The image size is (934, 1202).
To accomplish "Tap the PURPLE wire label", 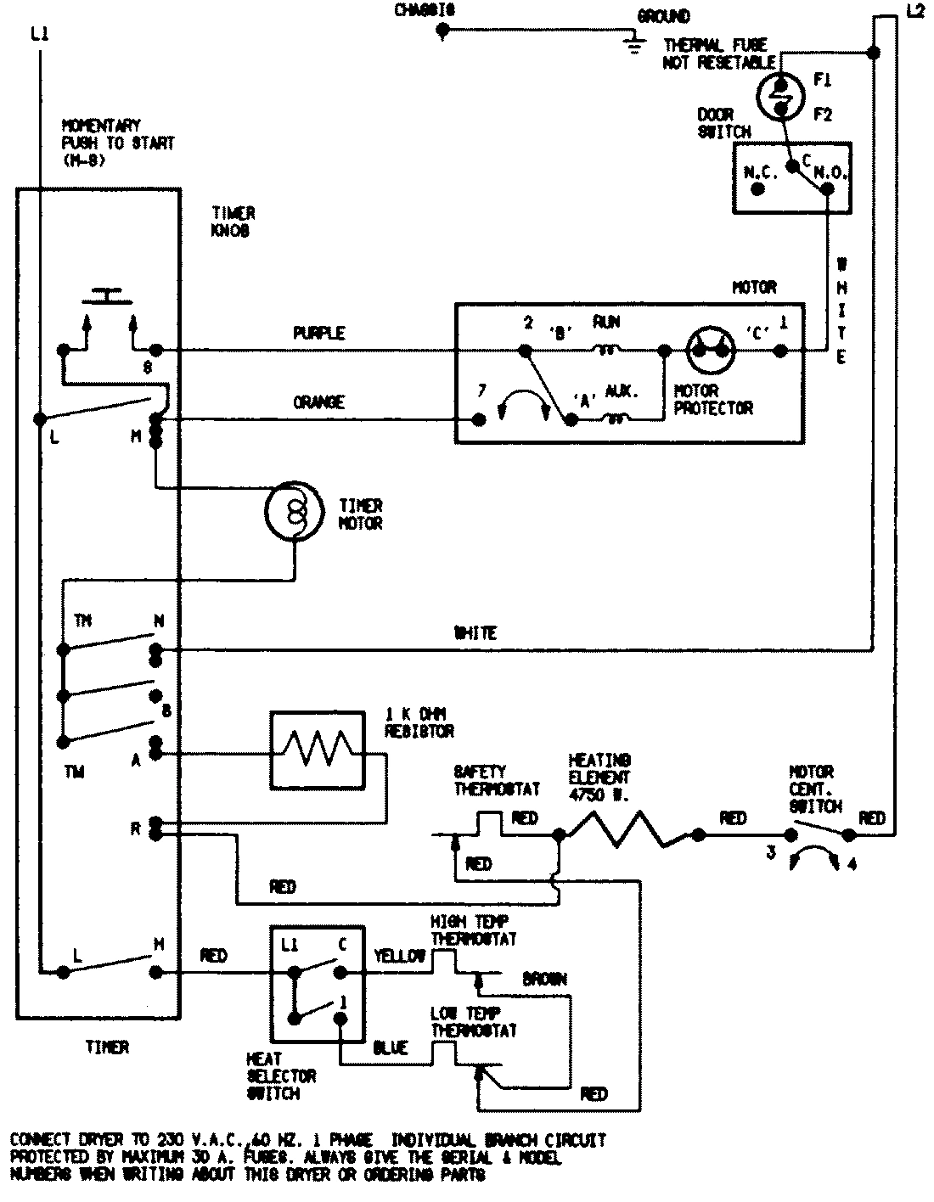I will click(x=318, y=334).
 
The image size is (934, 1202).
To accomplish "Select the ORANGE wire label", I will click(x=318, y=402).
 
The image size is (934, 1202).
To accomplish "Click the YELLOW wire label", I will click(x=399, y=956).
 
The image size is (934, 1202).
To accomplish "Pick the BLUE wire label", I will click(x=391, y=1048).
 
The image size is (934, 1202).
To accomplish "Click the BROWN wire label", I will click(x=544, y=979).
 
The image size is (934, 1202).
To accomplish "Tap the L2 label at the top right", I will click(x=914, y=11).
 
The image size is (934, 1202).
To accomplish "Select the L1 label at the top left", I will click(x=39, y=35).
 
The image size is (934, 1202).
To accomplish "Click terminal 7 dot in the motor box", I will click(x=478, y=419).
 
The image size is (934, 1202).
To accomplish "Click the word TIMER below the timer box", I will click(x=107, y=1048).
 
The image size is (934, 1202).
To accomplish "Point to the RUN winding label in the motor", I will click(x=607, y=322).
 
